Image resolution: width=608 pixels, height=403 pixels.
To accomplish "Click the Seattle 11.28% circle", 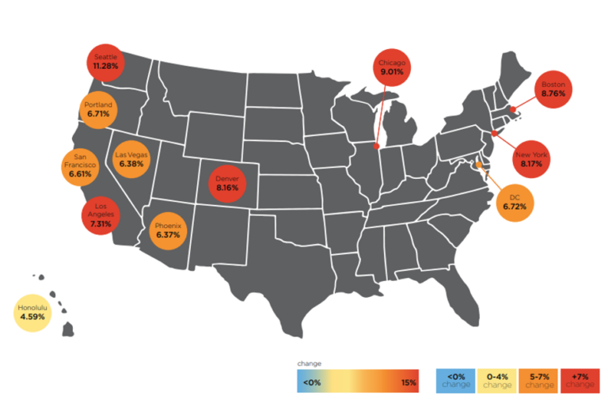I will pos(105,62).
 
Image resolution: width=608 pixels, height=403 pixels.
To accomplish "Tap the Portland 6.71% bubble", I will pos(99,109).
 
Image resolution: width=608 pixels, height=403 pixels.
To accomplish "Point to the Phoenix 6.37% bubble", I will pos(168,230).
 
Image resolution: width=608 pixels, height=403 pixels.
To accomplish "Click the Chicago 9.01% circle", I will pos(391,67).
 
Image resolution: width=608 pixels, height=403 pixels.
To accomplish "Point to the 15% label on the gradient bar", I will pos(408,382).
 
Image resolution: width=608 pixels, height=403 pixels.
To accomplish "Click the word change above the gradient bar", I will pos(309,363).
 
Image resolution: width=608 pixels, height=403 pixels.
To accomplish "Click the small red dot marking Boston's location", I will pos(513,110).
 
